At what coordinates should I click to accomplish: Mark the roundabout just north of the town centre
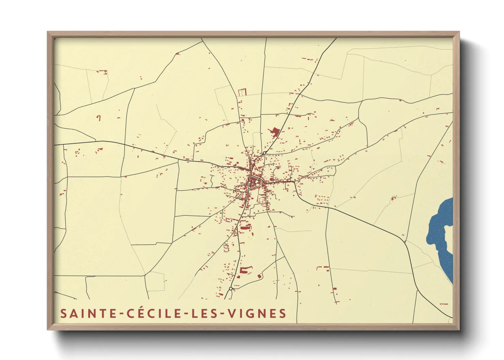[x=264, y=153]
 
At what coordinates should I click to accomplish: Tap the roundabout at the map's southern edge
[x=231, y=289]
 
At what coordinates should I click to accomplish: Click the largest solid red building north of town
[x=275, y=131]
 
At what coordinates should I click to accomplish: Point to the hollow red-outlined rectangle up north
[x=241, y=92]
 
